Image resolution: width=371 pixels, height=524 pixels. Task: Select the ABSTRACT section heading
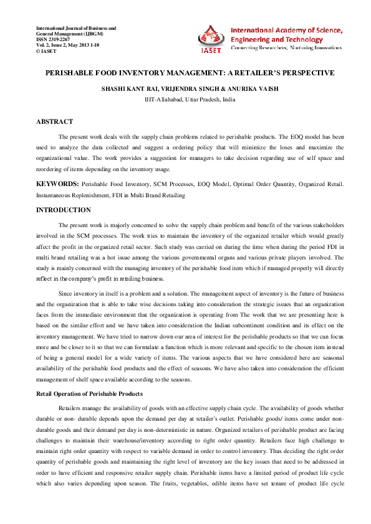click(x=54, y=121)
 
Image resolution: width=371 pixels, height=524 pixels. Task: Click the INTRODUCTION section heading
click(x=63, y=210)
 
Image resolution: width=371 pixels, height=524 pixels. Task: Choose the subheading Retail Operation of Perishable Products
click(x=89, y=394)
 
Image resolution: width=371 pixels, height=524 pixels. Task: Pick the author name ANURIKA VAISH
click(x=251, y=89)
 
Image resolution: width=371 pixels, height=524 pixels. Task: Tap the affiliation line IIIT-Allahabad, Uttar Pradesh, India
click(x=190, y=99)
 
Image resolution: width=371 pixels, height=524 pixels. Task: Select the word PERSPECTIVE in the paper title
click(x=303, y=73)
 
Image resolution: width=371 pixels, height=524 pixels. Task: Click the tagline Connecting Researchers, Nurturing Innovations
click(x=285, y=48)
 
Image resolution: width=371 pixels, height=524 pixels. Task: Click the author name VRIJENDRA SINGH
click(x=186, y=89)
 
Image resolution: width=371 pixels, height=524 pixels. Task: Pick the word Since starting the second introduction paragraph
click(x=65, y=292)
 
